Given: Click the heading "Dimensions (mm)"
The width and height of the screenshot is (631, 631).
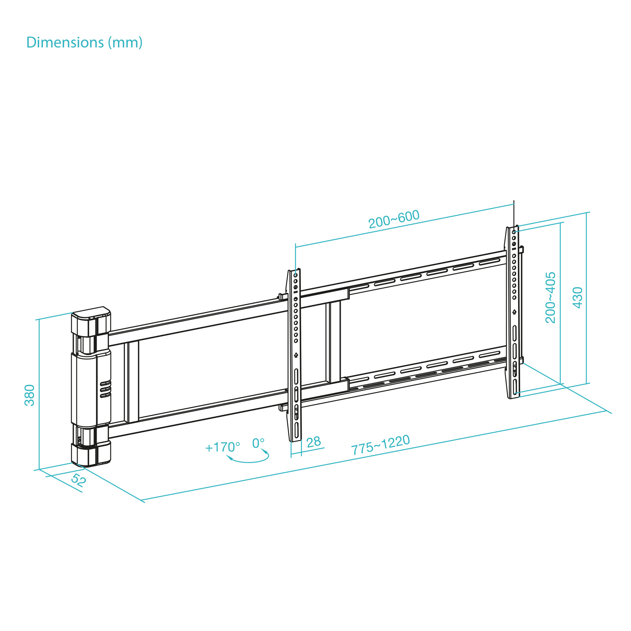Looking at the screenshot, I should point(84,42).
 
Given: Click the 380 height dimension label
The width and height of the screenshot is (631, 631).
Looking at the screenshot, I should point(30,395).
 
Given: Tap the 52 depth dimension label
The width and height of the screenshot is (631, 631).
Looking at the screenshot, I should point(78,480).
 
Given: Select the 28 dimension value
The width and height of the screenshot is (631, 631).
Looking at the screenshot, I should point(314,442).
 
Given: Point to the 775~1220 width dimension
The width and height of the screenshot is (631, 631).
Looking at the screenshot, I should point(381,444).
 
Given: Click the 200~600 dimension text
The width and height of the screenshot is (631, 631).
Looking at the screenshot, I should point(394,219).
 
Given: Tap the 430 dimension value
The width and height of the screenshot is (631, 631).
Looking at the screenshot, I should point(577,297).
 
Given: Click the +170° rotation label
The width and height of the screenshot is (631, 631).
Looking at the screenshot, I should point(222,447).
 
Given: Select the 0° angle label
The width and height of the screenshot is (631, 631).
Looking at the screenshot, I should point(258,443).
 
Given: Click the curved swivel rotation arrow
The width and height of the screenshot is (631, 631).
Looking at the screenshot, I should point(248,459).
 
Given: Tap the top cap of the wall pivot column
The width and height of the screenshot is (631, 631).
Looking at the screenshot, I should point(91,314).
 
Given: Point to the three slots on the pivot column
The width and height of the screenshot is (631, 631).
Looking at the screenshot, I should point(105,389).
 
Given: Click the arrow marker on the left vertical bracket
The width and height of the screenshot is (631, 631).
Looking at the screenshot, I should point(296,355).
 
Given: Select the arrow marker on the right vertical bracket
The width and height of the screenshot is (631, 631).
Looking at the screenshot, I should point(514,312).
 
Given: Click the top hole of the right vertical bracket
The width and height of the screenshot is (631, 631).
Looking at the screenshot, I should point(514,232).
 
